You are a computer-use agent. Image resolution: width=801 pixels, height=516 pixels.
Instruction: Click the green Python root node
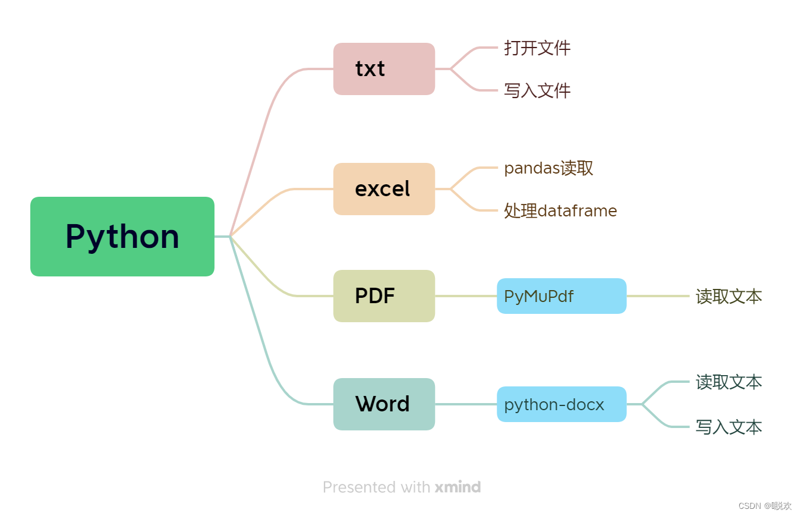coord(122,237)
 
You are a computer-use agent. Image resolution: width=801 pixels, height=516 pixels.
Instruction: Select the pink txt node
coord(384,69)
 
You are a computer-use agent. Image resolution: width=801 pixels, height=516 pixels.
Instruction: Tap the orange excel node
coord(384,189)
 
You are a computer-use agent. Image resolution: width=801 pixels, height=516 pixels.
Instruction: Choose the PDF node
coord(384,296)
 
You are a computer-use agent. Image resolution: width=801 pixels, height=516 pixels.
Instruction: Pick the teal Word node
coord(384,404)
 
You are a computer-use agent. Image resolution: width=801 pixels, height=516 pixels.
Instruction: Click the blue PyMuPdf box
coord(562,296)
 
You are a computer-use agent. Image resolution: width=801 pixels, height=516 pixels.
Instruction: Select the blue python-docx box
coord(562,404)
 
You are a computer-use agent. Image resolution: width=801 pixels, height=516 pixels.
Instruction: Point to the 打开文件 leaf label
coord(537,48)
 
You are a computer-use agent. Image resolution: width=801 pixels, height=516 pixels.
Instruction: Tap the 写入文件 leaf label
coord(537,91)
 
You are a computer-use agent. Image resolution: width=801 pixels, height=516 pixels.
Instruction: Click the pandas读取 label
coord(548,168)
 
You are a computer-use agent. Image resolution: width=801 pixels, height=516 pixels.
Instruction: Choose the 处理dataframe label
coord(560,210)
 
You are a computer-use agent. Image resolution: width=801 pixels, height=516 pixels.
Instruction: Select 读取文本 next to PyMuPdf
coord(729,296)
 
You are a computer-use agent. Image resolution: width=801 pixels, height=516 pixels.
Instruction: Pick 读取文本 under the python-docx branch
coord(729,382)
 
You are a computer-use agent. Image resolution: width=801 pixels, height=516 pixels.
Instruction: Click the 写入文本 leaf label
coord(729,427)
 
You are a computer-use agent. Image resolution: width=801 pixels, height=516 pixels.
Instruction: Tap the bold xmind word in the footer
coord(458,487)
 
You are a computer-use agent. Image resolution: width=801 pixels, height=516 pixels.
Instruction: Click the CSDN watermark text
coord(765,506)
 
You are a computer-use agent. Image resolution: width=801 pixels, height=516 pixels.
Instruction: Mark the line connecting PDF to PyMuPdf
coord(466,296)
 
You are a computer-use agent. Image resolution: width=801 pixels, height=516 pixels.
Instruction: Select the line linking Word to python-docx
coord(466,404)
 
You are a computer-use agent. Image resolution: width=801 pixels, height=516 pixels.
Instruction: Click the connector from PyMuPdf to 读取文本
coord(658,296)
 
